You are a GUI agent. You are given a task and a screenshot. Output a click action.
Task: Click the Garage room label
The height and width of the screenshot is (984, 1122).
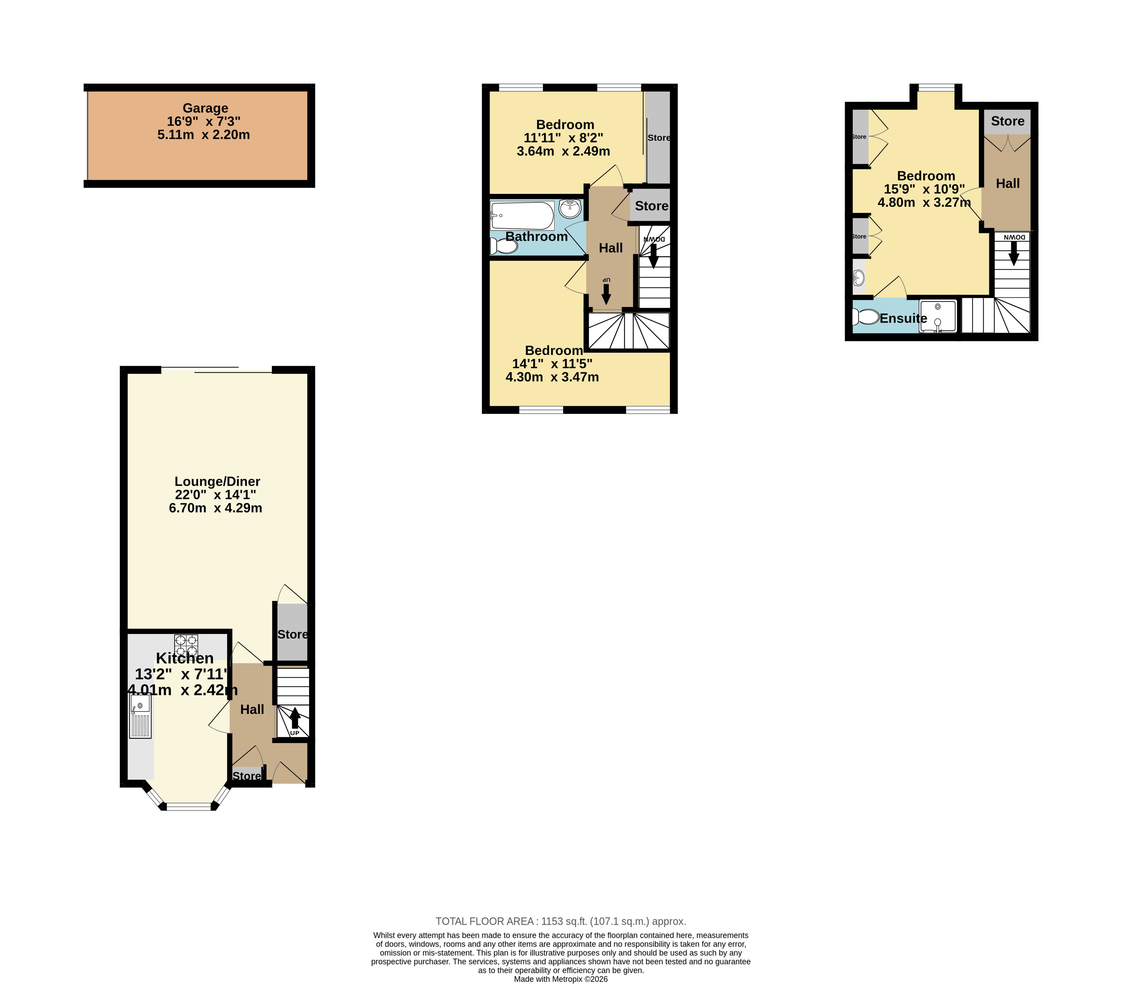point(205,108)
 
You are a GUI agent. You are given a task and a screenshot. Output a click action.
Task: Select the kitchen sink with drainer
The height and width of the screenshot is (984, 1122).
point(140,716)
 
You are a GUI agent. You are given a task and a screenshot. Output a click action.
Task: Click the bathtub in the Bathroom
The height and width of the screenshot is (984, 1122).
point(522,216)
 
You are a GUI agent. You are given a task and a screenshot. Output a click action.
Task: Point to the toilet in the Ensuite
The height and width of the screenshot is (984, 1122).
point(866,317)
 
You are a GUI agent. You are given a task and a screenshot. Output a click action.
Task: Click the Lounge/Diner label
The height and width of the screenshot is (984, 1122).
point(217,482)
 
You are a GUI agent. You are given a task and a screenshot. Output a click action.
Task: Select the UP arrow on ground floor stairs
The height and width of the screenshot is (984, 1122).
point(295,718)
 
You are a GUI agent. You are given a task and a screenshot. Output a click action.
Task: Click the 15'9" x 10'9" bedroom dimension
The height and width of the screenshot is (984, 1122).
point(924,189)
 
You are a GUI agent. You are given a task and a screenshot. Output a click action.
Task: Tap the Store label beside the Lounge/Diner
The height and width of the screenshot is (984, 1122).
point(292,635)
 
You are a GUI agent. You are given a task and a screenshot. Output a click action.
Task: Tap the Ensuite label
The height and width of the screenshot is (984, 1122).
point(903,318)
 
